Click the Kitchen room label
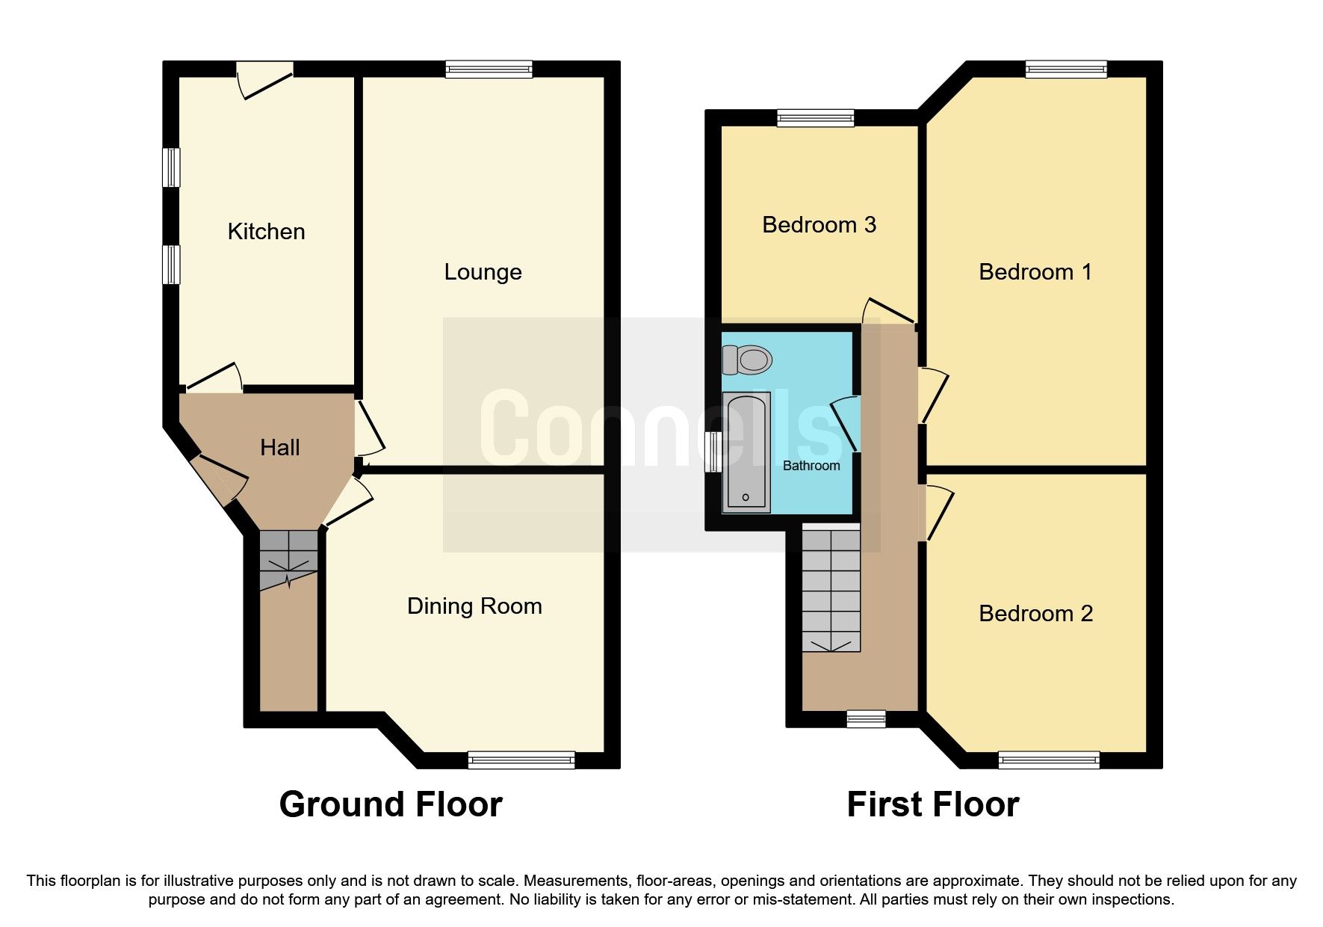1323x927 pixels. (266, 232)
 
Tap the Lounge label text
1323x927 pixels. (483, 272)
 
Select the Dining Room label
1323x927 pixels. (474, 606)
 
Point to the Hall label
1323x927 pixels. (279, 448)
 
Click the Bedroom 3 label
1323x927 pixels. (819, 225)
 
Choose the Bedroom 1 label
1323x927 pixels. (1035, 272)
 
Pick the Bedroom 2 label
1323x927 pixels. (1035, 614)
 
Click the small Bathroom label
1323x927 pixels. (811, 466)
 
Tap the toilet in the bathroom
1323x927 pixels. (746, 360)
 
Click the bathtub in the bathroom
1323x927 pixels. (746, 453)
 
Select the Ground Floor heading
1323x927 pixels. (391, 805)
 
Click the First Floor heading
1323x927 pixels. (932, 805)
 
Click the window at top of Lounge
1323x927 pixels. (489, 70)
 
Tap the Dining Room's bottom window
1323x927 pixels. (521, 760)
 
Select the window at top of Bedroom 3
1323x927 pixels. (815, 118)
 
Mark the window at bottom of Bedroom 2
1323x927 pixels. (1049, 760)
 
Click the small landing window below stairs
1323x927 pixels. (866, 719)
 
